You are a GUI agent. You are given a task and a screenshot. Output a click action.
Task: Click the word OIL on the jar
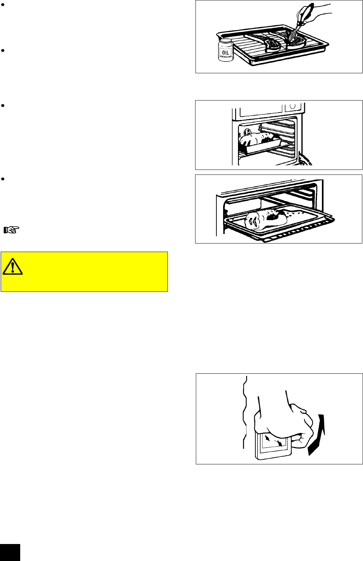pyautogui.click(x=226, y=52)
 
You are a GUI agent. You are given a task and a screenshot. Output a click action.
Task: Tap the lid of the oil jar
pyautogui.click(x=225, y=42)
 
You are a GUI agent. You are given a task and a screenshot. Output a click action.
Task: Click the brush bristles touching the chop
pyautogui.click(x=294, y=35)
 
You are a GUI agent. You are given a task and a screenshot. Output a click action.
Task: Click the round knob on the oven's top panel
pyautogui.click(x=293, y=106)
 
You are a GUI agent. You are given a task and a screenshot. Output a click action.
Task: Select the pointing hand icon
pyautogui.click(x=12, y=230)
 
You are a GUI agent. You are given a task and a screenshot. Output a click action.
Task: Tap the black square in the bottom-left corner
pyautogui.click(x=10, y=553)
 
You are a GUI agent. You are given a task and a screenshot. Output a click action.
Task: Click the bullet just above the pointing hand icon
pyautogui.click(x=2, y=179)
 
